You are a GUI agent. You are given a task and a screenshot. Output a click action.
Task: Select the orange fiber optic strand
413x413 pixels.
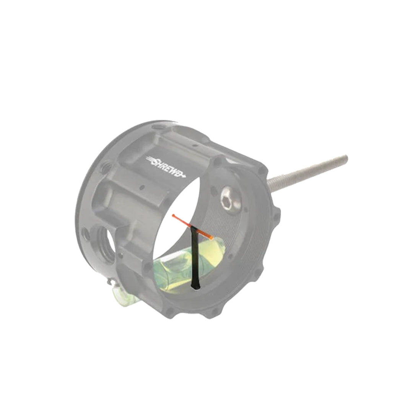(192, 226)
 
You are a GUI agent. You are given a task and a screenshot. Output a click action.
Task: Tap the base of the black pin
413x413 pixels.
(195, 287)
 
